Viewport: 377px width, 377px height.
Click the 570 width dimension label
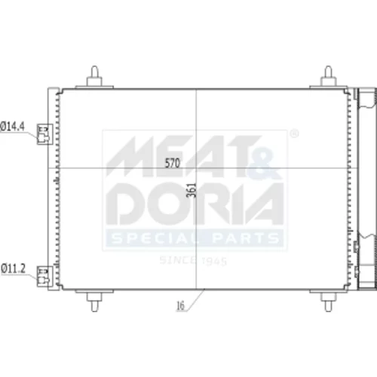point(173,164)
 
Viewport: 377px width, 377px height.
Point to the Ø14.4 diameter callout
point(13,127)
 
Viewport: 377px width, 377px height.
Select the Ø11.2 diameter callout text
point(13,268)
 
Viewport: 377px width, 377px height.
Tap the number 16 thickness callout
point(180,305)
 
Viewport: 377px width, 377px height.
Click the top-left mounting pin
point(94,77)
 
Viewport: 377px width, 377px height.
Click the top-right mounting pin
point(328,77)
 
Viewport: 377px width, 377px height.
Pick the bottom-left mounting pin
point(94,301)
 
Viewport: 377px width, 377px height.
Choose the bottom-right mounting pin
point(328,301)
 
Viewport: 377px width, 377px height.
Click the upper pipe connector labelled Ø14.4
point(44,134)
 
